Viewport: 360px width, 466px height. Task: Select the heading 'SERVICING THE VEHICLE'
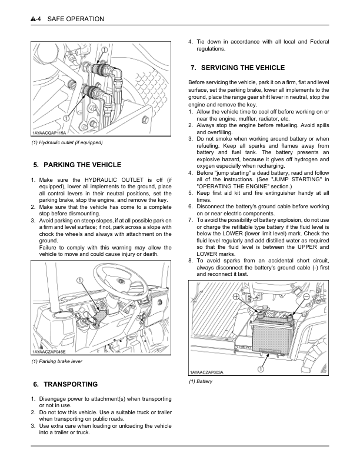237,68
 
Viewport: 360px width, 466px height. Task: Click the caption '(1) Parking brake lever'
56,361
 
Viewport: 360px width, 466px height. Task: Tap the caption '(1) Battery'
201,382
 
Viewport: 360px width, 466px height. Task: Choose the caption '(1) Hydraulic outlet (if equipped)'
67,142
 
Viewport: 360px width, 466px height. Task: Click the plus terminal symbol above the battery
236,297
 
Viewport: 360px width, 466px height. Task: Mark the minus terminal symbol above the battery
306,297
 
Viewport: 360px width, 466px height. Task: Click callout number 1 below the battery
260,369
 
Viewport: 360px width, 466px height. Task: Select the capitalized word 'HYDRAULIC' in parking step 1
96,179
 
